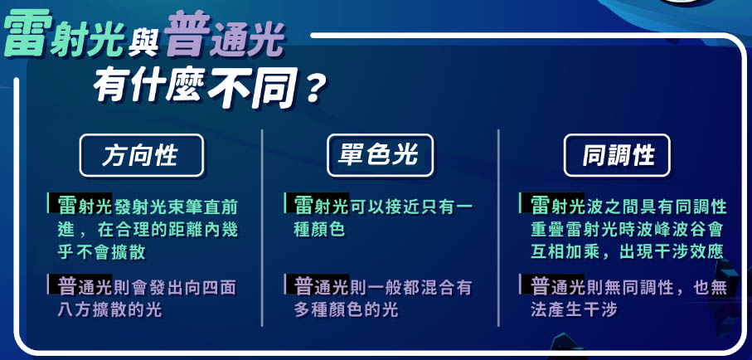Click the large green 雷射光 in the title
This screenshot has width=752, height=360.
point(65,34)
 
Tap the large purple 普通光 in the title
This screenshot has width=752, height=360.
point(225,34)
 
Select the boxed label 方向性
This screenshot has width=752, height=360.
point(142,155)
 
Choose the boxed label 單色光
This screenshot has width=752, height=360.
point(380,155)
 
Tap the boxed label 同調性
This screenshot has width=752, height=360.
point(617,155)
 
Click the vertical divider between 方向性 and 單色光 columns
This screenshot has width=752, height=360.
point(262,228)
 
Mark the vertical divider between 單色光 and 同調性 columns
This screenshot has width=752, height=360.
point(499,228)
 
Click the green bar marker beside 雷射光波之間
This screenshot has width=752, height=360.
point(520,203)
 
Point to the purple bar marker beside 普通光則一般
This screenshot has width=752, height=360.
point(285,284)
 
